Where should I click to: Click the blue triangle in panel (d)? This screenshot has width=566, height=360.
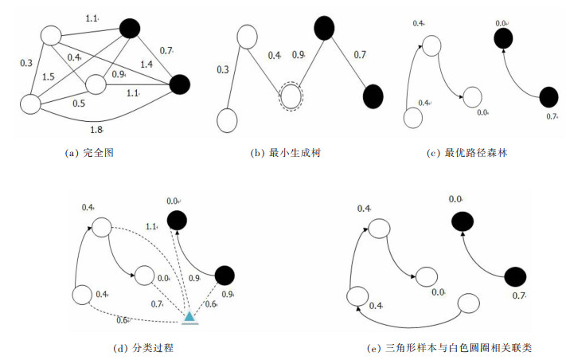point(189,317)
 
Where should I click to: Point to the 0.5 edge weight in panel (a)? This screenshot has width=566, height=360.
point(80,103)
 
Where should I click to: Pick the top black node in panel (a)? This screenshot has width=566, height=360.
point(130,29)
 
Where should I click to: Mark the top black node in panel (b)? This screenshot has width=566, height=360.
point(323,29)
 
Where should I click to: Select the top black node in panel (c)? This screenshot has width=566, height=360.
point(503,37)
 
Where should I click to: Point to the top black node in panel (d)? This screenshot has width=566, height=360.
point(176,220)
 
